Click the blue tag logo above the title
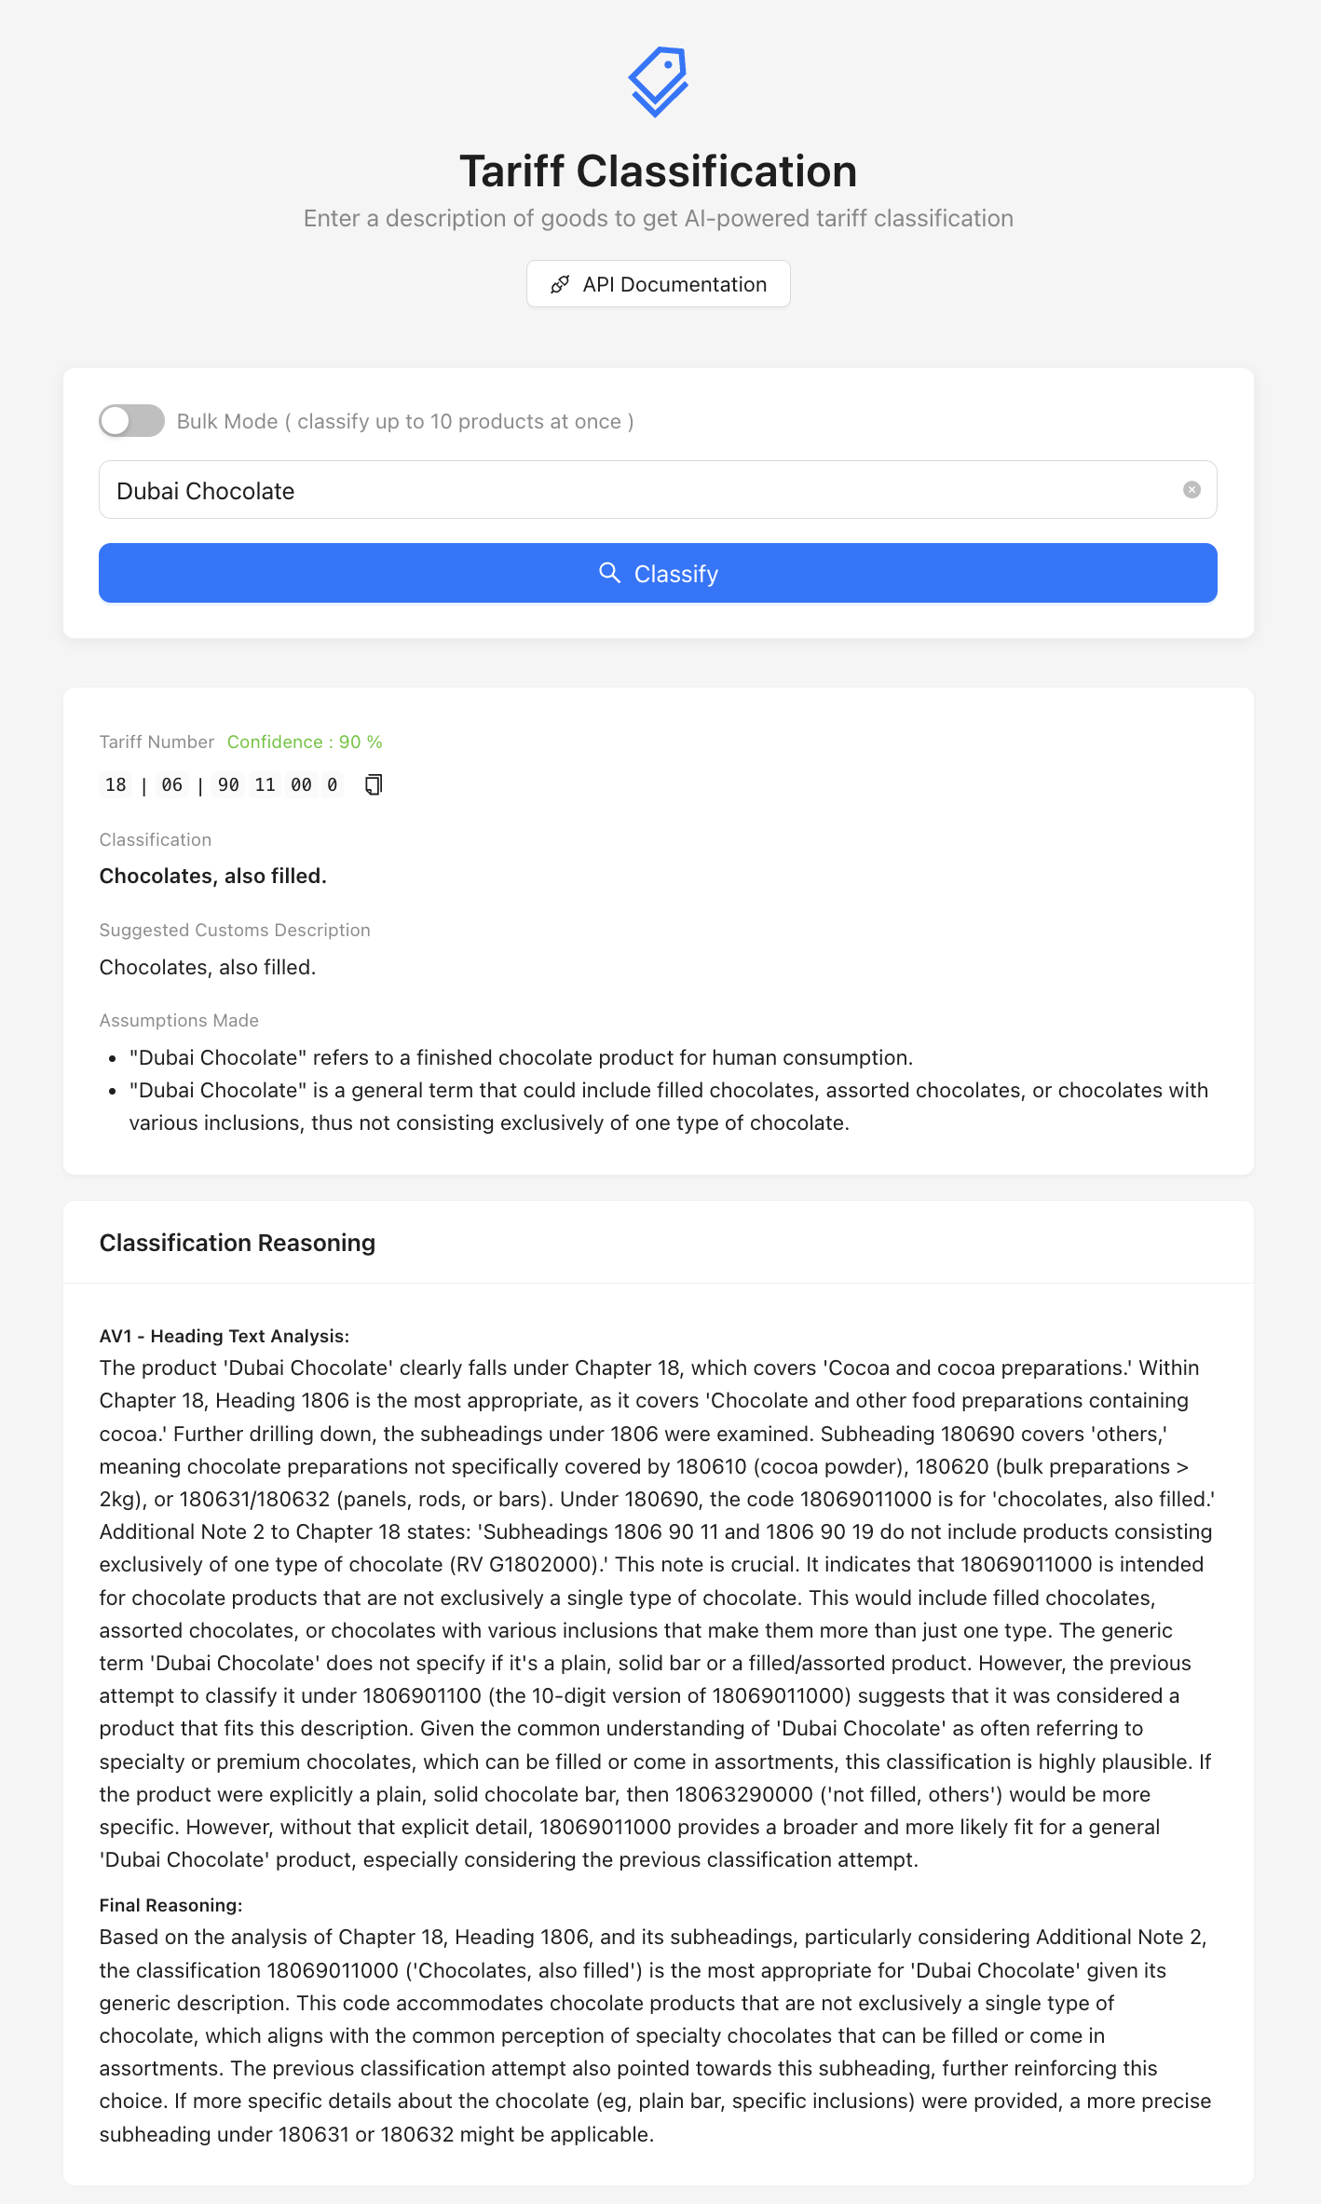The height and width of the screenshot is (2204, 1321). click(x=659, y=81)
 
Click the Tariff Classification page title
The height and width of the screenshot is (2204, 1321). click(x=659, y=171)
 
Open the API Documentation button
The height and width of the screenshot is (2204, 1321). click(x=659, y=284)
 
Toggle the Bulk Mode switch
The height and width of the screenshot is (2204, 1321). click(x=132, y=421)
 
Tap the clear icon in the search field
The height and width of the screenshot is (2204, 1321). click(x=1192, y=490)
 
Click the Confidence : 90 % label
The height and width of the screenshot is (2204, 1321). click(x=305, y=742)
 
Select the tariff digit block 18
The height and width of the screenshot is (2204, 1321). click(x=116, y=785)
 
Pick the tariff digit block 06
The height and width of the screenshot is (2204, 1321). click(x=172, y=785)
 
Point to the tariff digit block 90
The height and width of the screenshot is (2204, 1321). click(x=228, y=785)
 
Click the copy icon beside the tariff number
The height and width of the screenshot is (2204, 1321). click(x=374, y=785)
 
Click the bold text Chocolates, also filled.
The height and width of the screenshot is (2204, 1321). click(x=213, y=877)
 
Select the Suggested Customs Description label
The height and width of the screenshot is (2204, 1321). click(x=235, y=931)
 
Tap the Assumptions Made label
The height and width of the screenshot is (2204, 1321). click(x=179, y=1021)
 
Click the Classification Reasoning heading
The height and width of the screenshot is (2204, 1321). click(x=238, y=1244)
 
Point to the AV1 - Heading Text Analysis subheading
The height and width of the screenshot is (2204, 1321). click(x=225, y=1337)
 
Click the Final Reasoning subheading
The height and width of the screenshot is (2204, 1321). click(x=170, y=1906)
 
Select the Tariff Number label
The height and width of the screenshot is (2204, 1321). click(x=157, y=742)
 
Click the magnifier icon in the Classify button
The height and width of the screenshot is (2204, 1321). click(x=609, y=573)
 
